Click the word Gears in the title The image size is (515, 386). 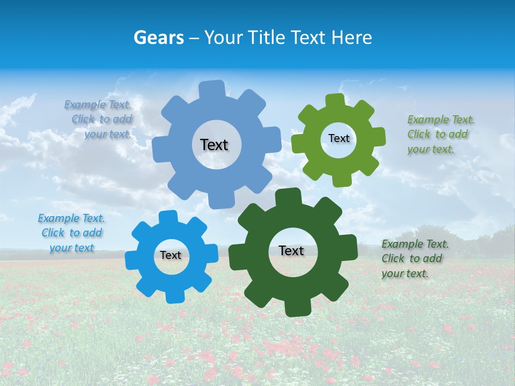(158, 38)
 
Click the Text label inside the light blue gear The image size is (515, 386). (214, 145)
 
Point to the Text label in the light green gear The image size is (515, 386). (339, 138)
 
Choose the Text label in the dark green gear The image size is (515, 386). (291, 250)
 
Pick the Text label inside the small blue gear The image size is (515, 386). (171, 255)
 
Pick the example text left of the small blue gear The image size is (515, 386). (71, 233)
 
